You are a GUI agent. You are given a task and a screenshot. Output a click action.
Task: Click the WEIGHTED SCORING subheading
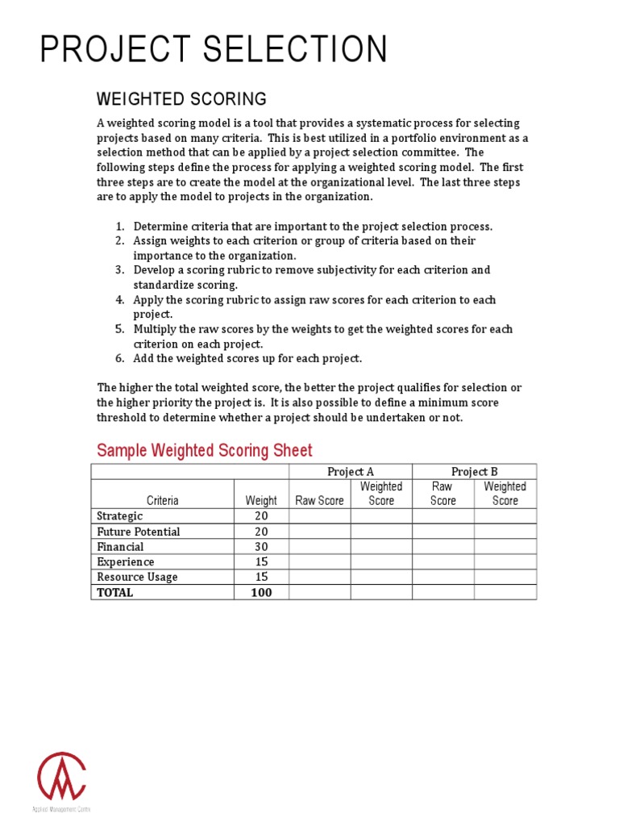[x=181, y=99]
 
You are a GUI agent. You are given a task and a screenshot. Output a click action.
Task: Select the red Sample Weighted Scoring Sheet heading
[x=204, y=450]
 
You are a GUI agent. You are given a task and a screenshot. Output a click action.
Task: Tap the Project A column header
[x=350, y=472]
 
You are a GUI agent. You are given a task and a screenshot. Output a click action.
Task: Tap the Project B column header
[x=474, y=472]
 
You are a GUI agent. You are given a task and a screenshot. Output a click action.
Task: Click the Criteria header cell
[x=163, y=500]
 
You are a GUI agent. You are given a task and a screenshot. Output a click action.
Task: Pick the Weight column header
[x=260, y=500]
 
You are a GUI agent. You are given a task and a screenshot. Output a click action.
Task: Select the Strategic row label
[x=120, y=516]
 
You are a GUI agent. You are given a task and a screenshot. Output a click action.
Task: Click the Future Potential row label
[x=139, y=532]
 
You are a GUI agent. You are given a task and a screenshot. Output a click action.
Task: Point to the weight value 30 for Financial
[x=260, y=547]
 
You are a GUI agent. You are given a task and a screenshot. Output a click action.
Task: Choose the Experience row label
[x=126, y=562]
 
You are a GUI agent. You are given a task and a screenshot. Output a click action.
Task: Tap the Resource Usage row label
[x=137, y=578]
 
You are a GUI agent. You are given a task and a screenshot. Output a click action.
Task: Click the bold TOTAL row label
[x=115, y=593]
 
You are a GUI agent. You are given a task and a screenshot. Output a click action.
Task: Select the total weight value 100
[x=260, y=593]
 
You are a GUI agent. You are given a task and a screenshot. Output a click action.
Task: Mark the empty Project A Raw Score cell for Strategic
[x=319, y=516]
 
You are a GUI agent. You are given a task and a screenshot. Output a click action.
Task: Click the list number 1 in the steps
[x=119, y=227]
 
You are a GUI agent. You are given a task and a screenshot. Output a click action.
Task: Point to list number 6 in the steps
[x=119, y=358]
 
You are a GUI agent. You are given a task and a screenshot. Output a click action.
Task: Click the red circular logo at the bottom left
[x=61, y=776]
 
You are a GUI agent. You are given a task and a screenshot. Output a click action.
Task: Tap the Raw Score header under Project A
[x=319, y=500]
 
